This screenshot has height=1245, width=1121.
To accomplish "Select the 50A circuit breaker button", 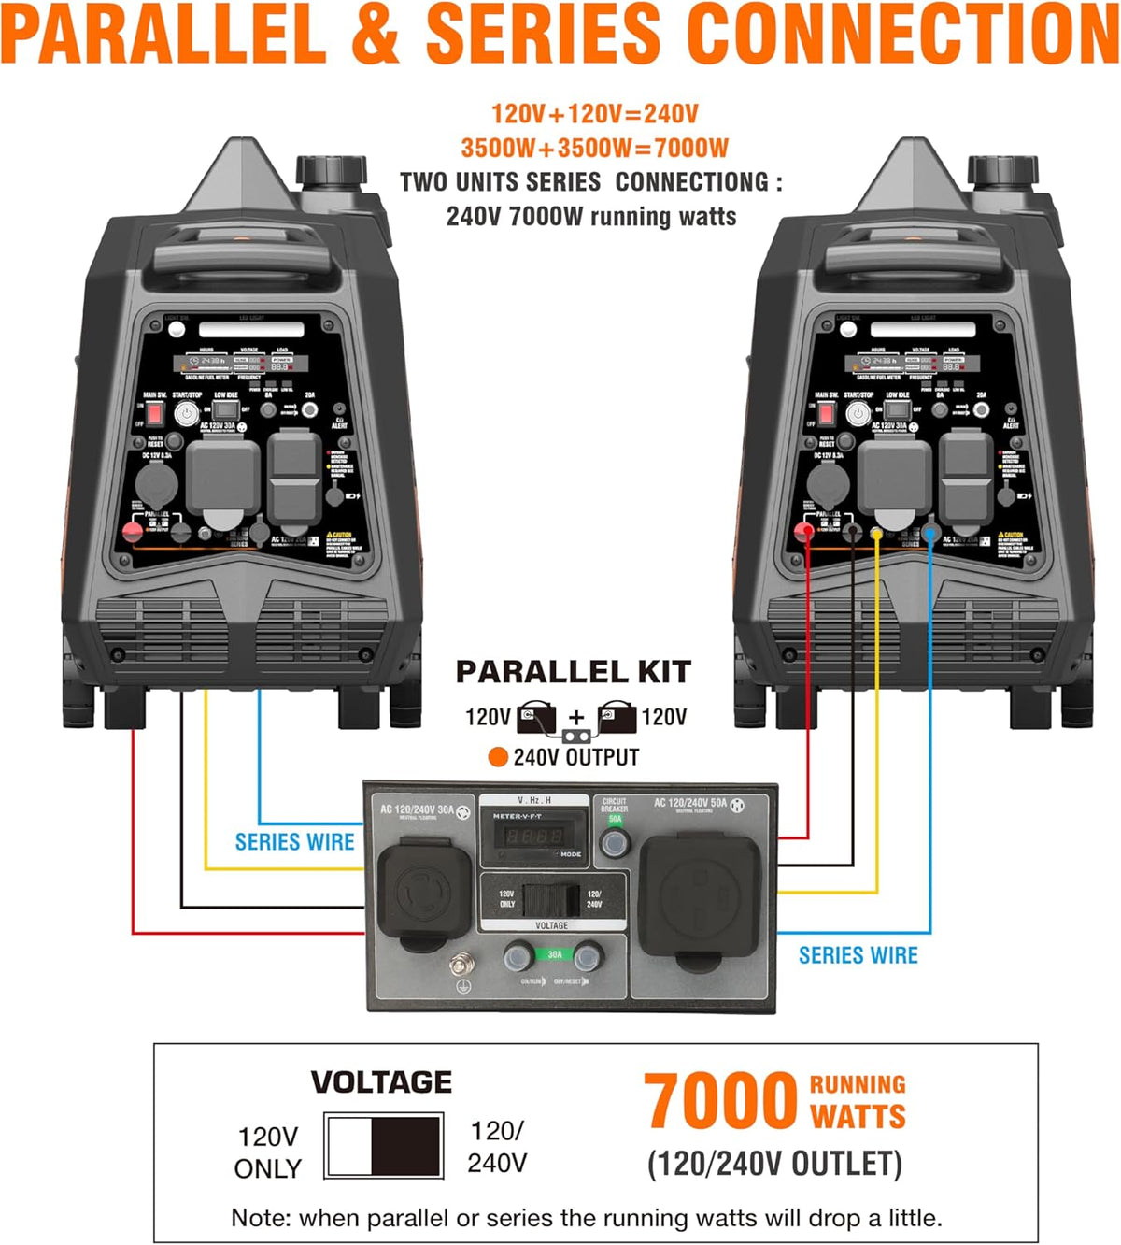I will click(614, 842).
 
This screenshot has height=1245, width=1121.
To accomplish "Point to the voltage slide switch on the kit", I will click(551, 899).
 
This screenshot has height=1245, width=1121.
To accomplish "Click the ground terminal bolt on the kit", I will click(460, 963).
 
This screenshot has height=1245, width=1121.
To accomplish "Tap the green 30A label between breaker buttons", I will click(554, 954).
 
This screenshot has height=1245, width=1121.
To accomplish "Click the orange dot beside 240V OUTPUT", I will click(498, 757).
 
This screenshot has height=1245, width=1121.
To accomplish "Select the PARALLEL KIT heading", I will click(573, 672).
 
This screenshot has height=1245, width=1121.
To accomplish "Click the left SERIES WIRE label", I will click(294, 842).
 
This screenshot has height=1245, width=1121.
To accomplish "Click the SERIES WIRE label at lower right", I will click(858, 955).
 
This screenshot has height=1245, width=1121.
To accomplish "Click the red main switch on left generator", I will click(155, 413).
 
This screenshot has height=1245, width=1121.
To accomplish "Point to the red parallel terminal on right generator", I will click(803, 532).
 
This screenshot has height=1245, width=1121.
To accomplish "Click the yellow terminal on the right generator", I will click(876, 533).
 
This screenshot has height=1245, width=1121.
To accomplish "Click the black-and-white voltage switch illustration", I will click(384, 1145).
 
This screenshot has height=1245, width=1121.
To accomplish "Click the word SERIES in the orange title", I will click(545, 36).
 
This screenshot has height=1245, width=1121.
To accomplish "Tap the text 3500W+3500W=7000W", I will click(594, 148).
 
